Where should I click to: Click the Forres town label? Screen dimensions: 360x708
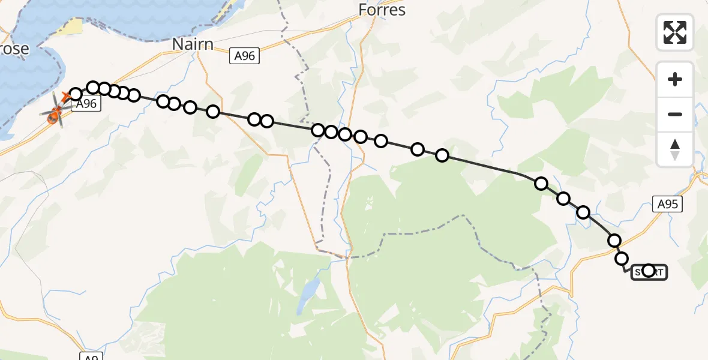(382, 10)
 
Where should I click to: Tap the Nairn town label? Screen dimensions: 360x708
(193, 44)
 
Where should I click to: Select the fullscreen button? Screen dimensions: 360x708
(675, 32)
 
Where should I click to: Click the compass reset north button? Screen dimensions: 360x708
(675, 149)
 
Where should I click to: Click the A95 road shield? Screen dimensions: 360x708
(667, 204)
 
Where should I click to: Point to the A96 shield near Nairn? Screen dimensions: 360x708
(244, 56)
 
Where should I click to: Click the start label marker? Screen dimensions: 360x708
(649, 272)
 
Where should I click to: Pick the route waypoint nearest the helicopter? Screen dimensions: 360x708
(76, 94)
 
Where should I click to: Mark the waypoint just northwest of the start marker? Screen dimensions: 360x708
(622, 259)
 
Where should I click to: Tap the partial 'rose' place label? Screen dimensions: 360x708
(14, 49)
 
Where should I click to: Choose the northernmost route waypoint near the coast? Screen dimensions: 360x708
(93, 88)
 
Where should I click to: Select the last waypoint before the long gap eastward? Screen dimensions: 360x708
(442, 155)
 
